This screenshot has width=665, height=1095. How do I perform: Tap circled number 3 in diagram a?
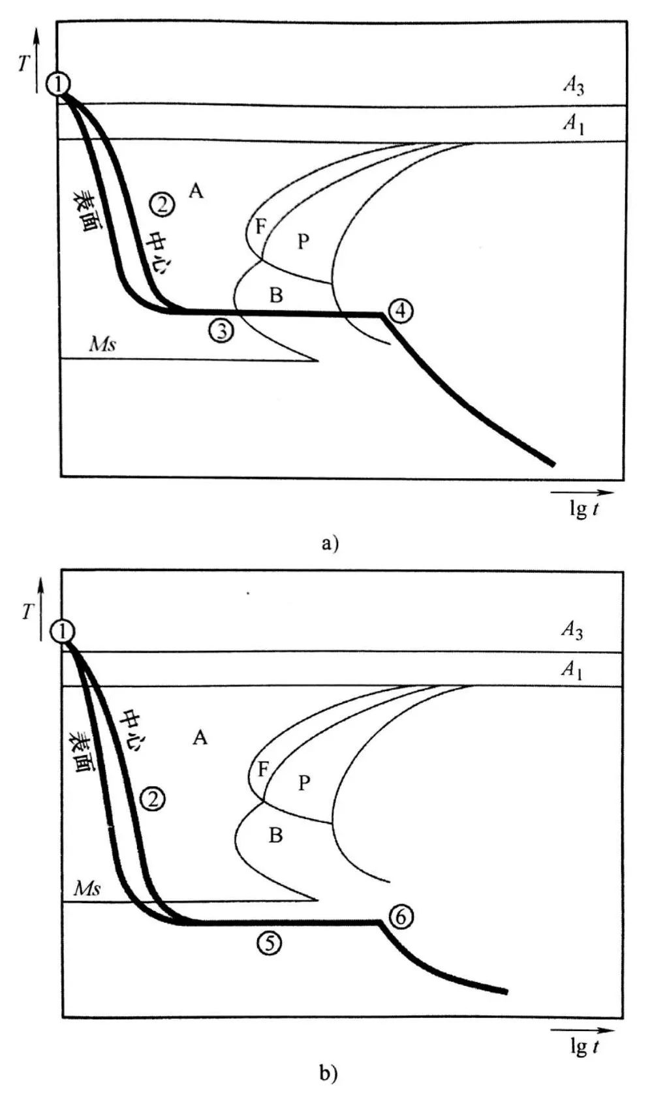point(223,331)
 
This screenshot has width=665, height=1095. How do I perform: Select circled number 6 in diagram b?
point(401,917)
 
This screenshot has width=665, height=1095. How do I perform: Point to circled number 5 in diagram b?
point(270,942)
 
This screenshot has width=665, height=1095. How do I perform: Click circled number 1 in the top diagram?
point(59,84)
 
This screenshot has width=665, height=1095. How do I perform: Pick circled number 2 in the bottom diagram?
point(153,798)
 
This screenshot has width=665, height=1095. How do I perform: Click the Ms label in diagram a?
point(102,344)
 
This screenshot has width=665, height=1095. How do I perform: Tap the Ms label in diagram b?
point(87,888)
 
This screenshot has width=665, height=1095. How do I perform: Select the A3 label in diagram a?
point(573,86)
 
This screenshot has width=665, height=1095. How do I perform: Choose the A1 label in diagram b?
point(572,670)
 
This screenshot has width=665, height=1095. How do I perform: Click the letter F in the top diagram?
point(260,227)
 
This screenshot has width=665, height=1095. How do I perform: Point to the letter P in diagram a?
point(303,241)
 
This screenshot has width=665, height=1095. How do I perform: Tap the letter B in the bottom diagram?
point(276,835)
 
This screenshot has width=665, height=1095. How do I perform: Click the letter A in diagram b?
point(200,738)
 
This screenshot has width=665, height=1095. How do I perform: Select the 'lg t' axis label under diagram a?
point(583,509)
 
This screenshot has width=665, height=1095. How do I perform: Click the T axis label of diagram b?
point(28,611)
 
